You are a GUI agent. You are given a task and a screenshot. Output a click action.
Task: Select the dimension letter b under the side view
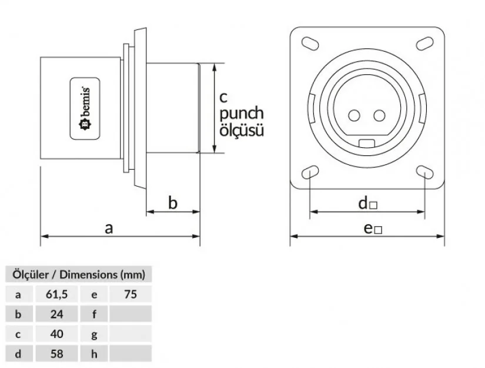click(x=173, y=203)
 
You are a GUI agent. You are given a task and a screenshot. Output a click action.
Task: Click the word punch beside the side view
click(x=242, y=114)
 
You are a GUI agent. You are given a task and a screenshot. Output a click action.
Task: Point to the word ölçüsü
click(x=241, y=130)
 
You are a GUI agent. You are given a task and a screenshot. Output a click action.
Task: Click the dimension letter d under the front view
click(x=364, y=203)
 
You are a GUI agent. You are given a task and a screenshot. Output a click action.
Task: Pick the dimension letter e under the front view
click(x=369, y=228)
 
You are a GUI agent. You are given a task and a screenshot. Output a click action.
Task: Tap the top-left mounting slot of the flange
click(x=310, y=43)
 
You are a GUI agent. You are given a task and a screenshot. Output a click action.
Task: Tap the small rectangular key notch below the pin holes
click(x=367, y=142)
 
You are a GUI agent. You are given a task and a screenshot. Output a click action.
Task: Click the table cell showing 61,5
click(x=56, y=294)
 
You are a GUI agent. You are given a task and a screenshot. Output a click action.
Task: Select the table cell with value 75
click(x=130, y=294)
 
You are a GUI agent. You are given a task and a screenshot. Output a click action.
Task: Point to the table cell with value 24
click(x=56, y=314)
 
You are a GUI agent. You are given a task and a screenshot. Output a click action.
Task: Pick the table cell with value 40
click(x=56, y=334)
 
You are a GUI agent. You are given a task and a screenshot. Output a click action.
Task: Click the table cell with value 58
click(x=56, y=353)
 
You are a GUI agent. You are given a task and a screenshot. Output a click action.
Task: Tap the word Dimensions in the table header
click(x=88, y=274)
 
